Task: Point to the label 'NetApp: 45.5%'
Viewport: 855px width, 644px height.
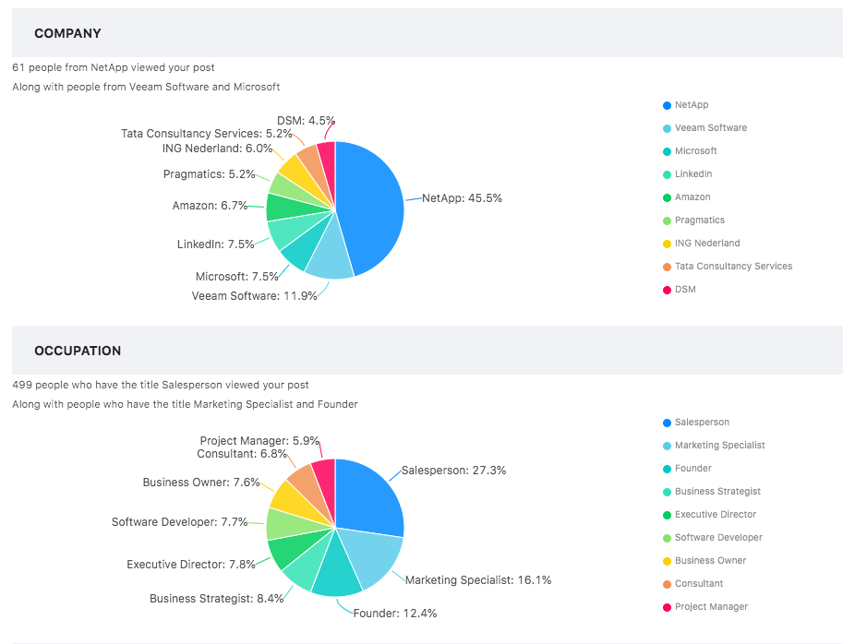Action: click(462, 198)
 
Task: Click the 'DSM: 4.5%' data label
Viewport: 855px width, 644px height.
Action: click(306, 121)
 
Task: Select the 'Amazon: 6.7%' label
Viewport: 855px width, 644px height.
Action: click(210, 206)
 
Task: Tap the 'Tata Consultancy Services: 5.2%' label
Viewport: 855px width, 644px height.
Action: click(205, 134)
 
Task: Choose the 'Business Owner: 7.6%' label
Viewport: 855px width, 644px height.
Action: click(199, 483)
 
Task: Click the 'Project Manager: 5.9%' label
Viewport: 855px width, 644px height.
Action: click(258, 441)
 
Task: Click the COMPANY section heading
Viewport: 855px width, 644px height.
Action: click(67, 33)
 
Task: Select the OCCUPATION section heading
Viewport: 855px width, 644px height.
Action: click(78, 351)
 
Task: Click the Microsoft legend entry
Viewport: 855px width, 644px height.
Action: click(695, 151)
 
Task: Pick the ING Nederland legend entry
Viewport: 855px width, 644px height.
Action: click(707, 244)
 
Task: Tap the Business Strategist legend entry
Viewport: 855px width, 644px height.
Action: click(717, 492)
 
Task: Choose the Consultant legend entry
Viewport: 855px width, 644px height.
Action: click(699, 584)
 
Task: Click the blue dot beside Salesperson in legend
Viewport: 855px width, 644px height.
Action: click(667, 423)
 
